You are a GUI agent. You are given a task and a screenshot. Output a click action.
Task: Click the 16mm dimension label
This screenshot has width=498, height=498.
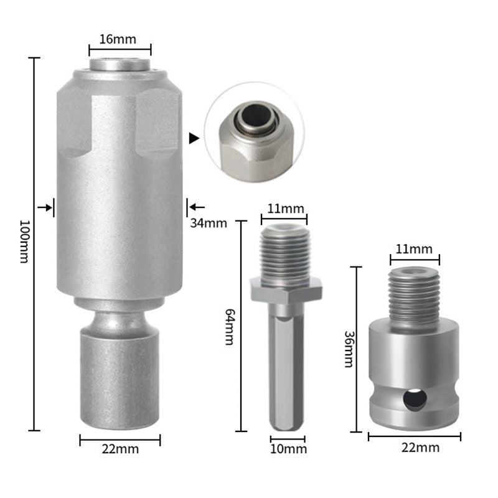pos(120,39)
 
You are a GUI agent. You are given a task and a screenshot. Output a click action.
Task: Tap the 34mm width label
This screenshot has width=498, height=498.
pos(209,222)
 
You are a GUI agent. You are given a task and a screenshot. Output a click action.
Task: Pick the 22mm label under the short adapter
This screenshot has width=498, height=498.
pos(415,448)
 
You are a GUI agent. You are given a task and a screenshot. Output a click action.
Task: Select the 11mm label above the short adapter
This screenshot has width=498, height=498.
pos(415,249)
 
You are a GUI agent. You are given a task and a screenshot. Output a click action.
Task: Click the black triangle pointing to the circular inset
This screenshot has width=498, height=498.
pos(194,138)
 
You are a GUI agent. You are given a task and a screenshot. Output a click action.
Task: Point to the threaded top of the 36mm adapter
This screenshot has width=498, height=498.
pos(415,292)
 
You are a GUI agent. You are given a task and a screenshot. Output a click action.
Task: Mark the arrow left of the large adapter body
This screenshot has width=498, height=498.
pos(45,207)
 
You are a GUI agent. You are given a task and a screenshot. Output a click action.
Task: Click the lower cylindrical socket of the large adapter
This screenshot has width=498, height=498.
pos(120,380)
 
